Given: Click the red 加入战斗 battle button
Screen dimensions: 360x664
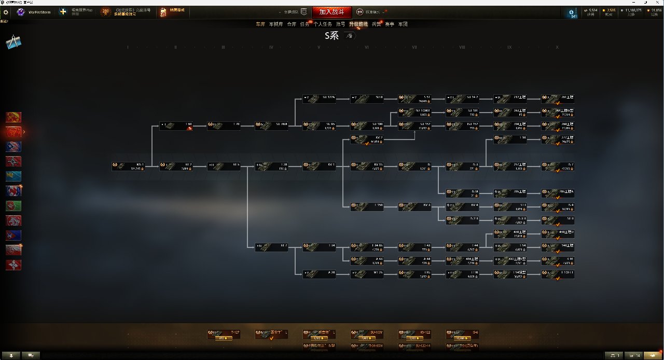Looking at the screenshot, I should point(331,12).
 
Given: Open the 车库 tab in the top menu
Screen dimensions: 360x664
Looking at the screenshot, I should point(260,24).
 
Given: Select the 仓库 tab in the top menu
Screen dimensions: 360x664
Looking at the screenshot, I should point(292,24).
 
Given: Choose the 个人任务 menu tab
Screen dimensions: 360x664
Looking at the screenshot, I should point(323,24).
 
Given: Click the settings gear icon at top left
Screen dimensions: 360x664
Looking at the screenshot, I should point(6,12).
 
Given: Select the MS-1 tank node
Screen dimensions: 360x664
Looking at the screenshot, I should point(128,166).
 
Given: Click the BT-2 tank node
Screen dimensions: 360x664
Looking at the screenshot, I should point(176,166).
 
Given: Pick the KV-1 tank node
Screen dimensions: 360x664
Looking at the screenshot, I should point(319,166).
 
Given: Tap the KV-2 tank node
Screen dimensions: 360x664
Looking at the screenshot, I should point(367,139).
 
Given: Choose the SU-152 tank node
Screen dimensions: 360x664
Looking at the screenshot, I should point(414,126).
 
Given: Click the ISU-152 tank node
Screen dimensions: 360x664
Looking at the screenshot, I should point(462,126).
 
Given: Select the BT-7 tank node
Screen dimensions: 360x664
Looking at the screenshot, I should point(271,247).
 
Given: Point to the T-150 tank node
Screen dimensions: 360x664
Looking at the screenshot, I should point(367,206).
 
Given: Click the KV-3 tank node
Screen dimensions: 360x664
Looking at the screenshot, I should point(414,206).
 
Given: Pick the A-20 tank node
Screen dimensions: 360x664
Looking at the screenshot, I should point(319,274).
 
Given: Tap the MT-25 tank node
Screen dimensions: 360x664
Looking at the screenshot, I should point(367,274).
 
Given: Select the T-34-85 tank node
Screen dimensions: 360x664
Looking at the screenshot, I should point(367,247).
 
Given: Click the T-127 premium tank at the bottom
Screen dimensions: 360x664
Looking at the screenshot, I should point(224,334).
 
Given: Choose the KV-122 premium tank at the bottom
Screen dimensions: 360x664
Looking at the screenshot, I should point(414,334).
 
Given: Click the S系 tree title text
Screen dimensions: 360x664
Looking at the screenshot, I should point(331,36).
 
